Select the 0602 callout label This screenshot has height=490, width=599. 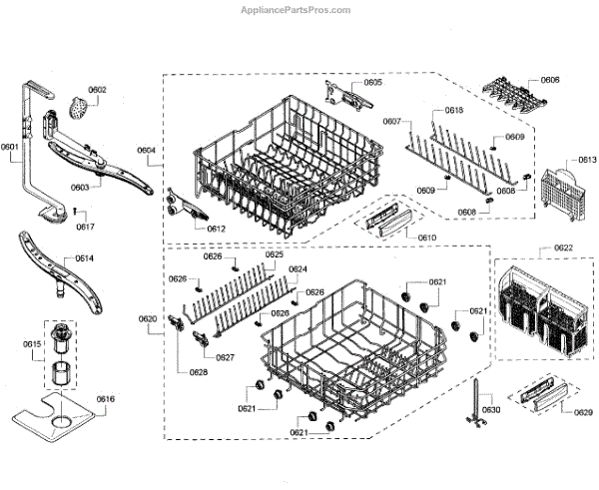96,90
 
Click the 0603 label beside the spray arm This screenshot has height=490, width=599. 80,187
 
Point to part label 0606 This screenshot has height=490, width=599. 550,79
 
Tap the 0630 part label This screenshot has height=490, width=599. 491,410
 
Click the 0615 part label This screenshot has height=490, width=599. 32,344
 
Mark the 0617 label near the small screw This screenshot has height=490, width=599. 86,227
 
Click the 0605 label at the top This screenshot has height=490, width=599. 372,83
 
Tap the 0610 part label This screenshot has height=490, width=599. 426,238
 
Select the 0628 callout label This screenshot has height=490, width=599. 199,371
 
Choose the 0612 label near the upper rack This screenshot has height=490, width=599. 217,229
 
